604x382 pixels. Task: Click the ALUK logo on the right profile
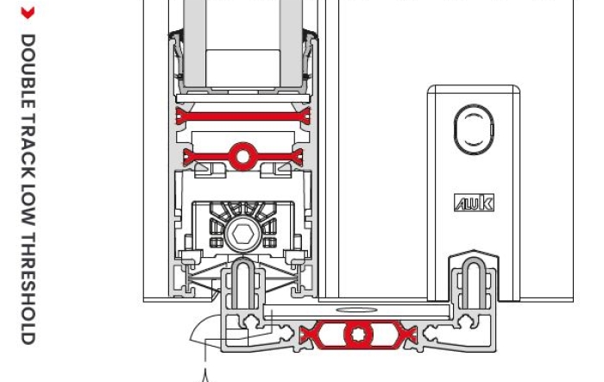pyautogui.click(x=474, y=204)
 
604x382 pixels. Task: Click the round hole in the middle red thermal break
pyautogui.click(x=242, y=156)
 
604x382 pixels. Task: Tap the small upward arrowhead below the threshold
pyautogui.click(x=205, y=373)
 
